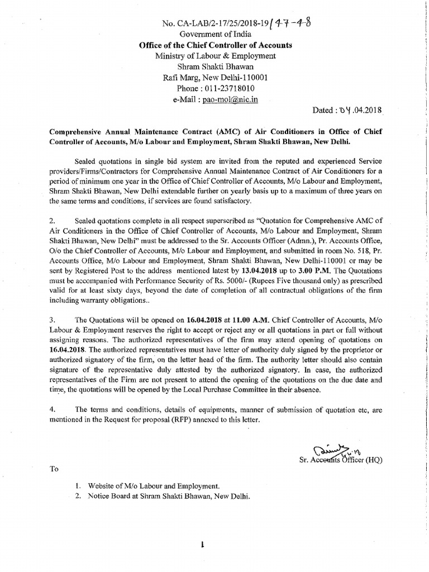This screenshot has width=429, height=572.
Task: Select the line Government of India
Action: click(x=214, y=34)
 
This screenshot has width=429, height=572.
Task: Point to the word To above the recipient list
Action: click(x=54, y=469)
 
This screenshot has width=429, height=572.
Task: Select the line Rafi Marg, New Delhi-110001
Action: click(x=214, y=78)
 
